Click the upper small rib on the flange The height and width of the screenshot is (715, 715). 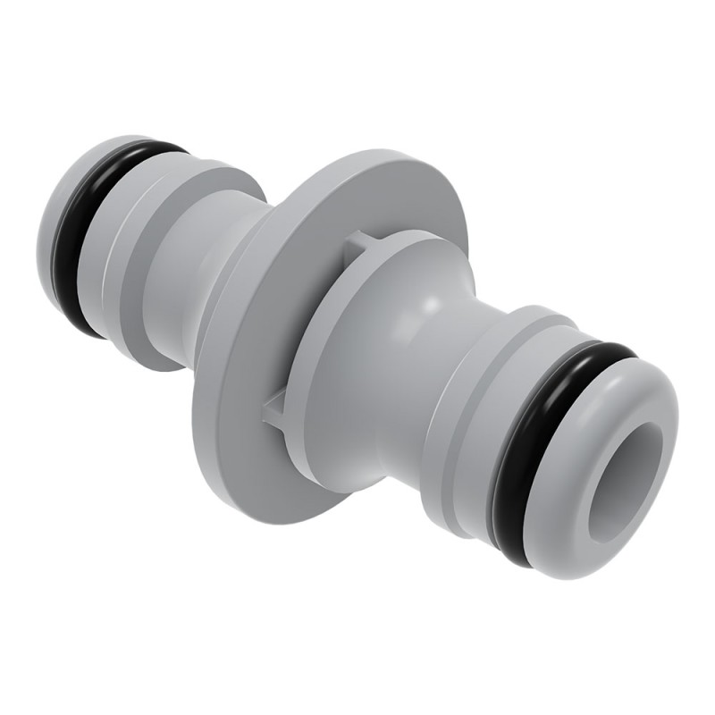click(356, 241)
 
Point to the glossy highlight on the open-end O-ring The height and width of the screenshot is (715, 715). click(608, 352)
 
